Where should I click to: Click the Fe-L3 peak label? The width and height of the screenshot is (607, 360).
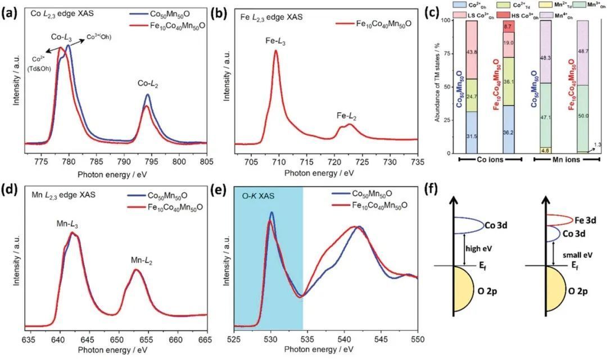coord(275,41)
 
